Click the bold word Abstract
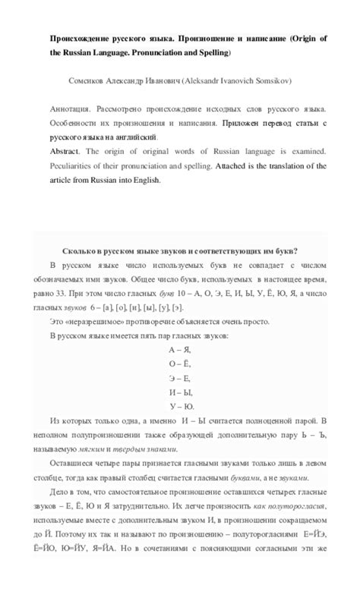pyautogui.click(x=65, y=152)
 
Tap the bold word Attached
pyautogui.click(x=234, y=166)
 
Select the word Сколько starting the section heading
pyautogui.click(x=81, y=251)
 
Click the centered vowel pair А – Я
pyautogui.click(x=179, y=350)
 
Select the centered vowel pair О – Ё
pyautogui.click(x=179, y=364)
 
